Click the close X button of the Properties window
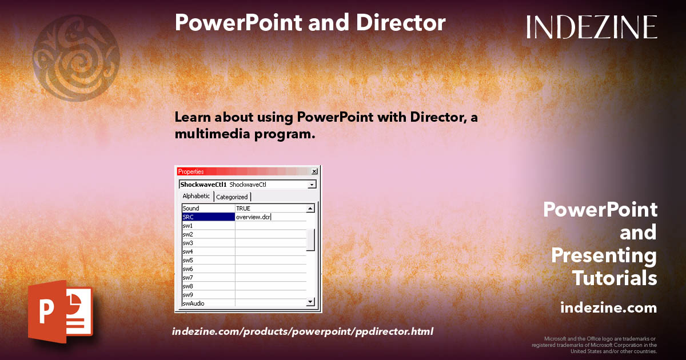click(314, 171)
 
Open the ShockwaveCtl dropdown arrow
click(312, 185)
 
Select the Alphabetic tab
click(196, 197)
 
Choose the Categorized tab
click(232, 197)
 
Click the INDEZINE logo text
click(592, 27)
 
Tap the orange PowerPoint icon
click(59, 313)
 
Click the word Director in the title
click(400, 23)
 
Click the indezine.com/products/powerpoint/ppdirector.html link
click(302, 331)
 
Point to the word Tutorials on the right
click(615, 278)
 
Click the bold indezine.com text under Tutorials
click(608, 308)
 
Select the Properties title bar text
click(191, 171)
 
